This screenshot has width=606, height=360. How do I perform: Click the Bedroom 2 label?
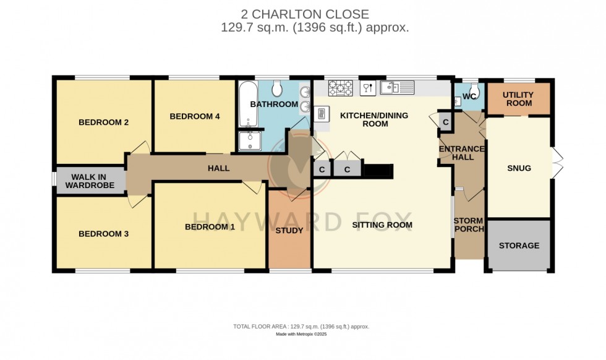tap(103, 122)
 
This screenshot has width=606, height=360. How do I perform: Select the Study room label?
tap(289, 231)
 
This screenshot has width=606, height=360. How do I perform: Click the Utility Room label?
tap(519, 99)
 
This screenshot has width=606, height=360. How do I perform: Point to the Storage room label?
tap(519, 246)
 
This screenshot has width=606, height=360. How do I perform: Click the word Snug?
tap(519, 168)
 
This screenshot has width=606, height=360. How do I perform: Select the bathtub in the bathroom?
tap(246, 104)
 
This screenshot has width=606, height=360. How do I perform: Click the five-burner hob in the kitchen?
tap(340, 88)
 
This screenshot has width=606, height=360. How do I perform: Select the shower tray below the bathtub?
tap(250, 142)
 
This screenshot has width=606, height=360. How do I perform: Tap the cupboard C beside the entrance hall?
tap(445, 121)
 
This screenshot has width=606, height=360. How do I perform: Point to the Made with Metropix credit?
tap(301, 334)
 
